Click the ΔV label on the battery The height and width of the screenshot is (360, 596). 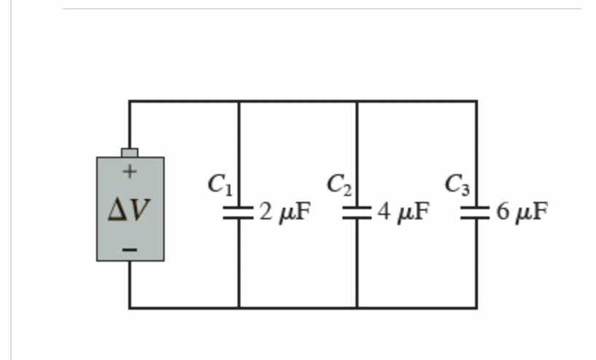(x=130, y=210)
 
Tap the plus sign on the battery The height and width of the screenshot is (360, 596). (x=130, y=173)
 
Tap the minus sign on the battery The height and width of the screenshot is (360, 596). (x=130, y=249)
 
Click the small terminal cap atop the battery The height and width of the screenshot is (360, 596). (x=130, y=152)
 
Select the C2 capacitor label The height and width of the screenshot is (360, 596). (x=340, y=184)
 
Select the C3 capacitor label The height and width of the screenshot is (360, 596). (x=458, y=186)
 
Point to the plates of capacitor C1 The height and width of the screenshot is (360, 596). (x=239, y=212)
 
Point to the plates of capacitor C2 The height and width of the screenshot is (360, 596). (x=357, y=212)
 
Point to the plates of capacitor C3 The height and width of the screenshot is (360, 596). (x=477, y=212)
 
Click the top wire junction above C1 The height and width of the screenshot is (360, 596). (x=239, y=102)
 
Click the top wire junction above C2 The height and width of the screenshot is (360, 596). (x=357, y=102)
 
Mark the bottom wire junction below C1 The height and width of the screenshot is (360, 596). (x=239, y=308)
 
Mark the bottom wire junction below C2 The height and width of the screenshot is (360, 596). (x=357, y=308)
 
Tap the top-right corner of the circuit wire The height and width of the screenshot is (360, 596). (x=477, y=102)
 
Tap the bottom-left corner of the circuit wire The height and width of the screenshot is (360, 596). (x=130, y=308)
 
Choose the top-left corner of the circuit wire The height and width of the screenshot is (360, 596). (x=130, y=102)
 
